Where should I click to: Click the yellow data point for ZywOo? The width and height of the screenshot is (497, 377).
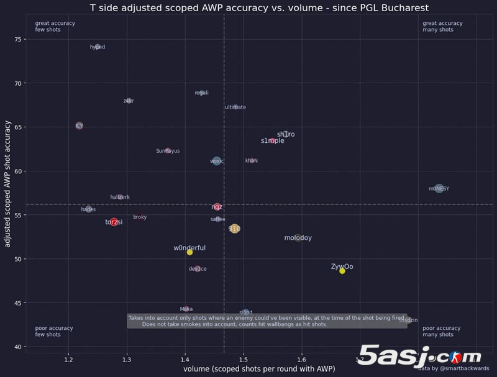tap(342, 271)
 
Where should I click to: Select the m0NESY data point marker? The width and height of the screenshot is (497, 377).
tap(439, 188)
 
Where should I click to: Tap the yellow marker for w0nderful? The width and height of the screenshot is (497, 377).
tap(189, 252)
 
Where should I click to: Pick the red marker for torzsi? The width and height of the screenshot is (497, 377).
tap(114, 222)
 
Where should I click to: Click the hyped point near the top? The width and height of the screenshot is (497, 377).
tap(97, 47)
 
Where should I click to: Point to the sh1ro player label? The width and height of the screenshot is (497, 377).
tap(286, 134)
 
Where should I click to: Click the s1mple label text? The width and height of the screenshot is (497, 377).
tap(273, 141)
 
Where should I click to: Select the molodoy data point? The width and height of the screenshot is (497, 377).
tap(298, 238)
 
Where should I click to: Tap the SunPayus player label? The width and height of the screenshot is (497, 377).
tap(168, 151)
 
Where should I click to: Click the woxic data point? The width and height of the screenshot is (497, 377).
tap(216, 161)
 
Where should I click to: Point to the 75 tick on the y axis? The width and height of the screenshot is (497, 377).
tap(17, 39)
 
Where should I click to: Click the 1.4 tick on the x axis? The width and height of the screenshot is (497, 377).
tap(185, 360)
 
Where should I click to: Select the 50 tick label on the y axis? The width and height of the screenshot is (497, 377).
tap(17, 259)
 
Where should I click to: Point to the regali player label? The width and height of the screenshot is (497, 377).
tap(201, 93)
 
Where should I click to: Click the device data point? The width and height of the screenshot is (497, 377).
tap(198, 269)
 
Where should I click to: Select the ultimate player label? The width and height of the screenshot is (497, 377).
tap(235, 107)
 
